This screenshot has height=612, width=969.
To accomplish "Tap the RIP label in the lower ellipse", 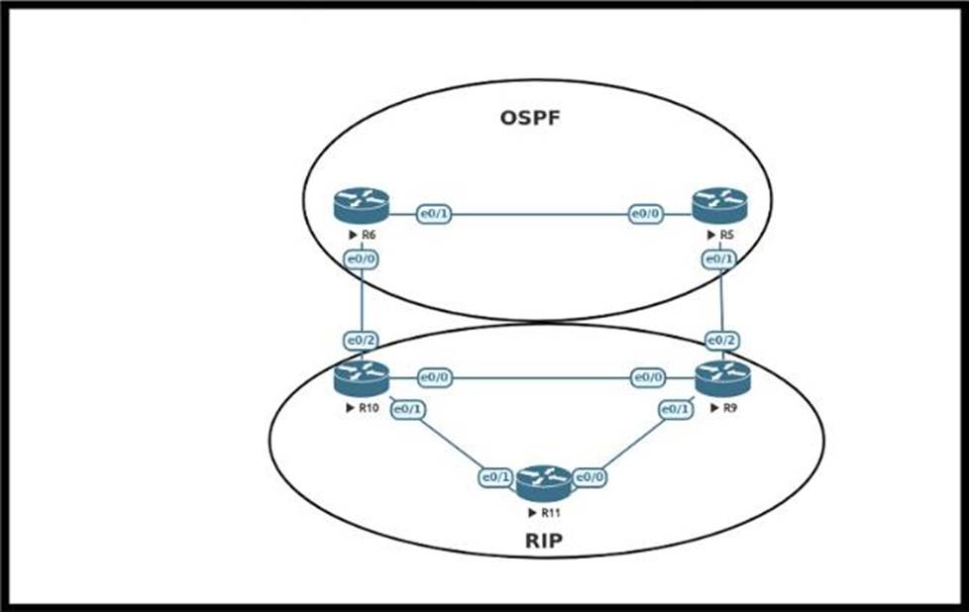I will click(544, 542).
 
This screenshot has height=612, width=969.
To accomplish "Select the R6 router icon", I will click(362, 206).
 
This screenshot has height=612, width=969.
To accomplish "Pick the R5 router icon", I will click(719, 205).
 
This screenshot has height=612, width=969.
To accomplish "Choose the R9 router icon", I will click(722, 378).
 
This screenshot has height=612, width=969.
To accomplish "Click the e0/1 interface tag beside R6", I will click(434, 213).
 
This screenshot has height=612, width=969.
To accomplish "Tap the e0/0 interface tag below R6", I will click(361, 259).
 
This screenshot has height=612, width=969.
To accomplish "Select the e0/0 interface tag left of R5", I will click(646, 213).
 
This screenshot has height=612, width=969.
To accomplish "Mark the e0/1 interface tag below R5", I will click(719, 259).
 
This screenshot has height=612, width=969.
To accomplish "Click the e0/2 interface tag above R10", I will click(361, 340).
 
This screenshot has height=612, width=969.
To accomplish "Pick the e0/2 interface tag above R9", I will click(722, 340).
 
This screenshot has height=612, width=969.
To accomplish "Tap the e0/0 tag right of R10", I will click(434, 377).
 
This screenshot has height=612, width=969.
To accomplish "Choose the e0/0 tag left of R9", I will click(649, 377).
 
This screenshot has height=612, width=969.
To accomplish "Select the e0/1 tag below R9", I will click(675, 409).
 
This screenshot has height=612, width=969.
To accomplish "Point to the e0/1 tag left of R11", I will click(496, 477).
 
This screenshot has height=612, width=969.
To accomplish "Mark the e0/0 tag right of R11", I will click(590, 477).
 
